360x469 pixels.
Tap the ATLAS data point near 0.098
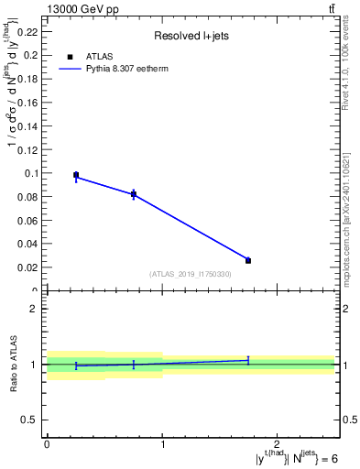coord(76,174)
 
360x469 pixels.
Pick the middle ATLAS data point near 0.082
coord(134,193)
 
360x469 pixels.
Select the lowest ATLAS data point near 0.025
coord(248,260)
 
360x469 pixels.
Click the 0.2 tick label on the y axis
coord(32,55)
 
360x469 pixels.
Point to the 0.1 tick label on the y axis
coord(32,172)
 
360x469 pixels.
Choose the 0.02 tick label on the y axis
coord(30,267)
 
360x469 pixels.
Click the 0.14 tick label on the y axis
coord(30,125)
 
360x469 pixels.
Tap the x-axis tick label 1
coord(162,443)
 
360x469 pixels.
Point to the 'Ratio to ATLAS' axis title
coord(13,365)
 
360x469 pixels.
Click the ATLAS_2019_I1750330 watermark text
coord(191,274)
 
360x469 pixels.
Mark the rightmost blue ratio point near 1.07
coord(248,360)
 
